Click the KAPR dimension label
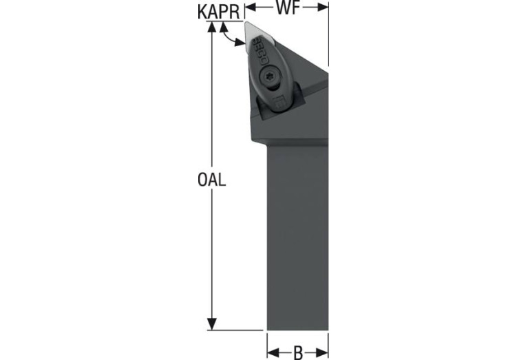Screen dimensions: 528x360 click(219, 12)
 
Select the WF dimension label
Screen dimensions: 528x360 click(288, 8)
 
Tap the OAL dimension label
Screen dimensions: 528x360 click(211, 180)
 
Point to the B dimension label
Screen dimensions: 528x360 click(298, 352)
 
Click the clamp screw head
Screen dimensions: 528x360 click(269, 77)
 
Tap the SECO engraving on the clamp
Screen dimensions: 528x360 click(261, 50)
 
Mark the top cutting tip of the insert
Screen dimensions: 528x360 click(246, 23)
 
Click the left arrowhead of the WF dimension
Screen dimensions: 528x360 click(250, 8)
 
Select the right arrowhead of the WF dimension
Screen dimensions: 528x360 click(323, 8)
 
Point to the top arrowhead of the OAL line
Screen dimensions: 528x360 click(211, 28)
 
